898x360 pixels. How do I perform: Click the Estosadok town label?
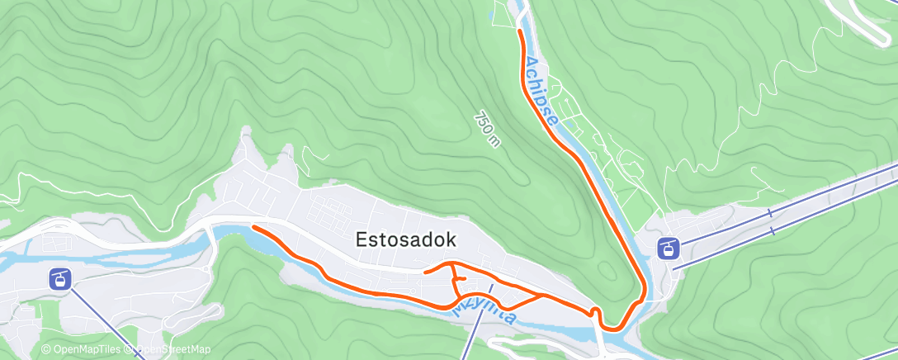click(x=406, y=239)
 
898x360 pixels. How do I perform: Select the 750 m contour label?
click(x=487, y=130)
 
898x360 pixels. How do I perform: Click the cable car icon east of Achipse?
click(x=668, y=248)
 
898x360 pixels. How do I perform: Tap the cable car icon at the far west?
click(x=59, y=278)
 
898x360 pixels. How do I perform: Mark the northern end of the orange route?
click(x=519, y=31)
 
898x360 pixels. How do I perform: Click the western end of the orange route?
click(x=253, y=227)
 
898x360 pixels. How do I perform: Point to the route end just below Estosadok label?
click(x=424, y=271)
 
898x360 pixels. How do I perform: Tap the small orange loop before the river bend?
click(x=594, y=310)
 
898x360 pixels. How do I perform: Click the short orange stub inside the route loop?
click(x=461, y=279)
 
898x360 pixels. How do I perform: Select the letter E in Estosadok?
click(x=361, y=239)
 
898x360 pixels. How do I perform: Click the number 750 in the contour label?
click(x=483, y=123)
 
